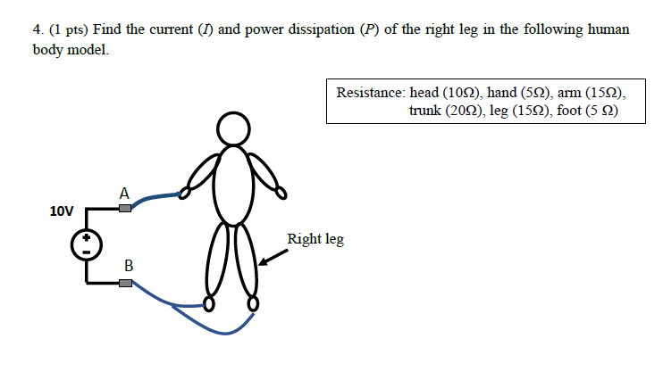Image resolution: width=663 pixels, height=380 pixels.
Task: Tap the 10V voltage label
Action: [62, 211]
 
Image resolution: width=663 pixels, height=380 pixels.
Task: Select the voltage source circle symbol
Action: [86, 244]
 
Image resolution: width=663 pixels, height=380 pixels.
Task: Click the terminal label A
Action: [124, 192]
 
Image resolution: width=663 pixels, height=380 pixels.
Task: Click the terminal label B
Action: [129, 265]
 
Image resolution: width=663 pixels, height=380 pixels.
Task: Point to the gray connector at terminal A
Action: [125, 209]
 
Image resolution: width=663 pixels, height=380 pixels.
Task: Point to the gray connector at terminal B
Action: [125, 283]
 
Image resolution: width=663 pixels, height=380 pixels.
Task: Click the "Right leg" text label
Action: [315, 239]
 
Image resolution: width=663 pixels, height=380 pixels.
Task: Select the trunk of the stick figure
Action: [234, 183]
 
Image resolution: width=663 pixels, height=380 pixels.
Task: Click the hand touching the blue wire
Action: [185, 191]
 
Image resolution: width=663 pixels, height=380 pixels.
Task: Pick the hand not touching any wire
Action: [281, 192]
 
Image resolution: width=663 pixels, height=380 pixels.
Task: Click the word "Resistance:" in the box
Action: [371, 93]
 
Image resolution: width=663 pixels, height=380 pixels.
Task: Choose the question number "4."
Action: [38, 29]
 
